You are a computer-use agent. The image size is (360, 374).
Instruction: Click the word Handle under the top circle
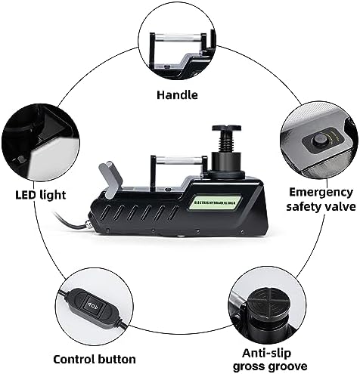point(177,95)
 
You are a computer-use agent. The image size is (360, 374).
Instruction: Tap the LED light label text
point(41,195)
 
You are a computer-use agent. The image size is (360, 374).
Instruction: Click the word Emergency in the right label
point(321,193)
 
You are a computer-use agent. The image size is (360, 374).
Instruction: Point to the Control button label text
point(95,359)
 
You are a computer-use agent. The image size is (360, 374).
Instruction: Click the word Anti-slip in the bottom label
point(266,353)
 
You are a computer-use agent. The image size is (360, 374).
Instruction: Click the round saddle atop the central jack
point(226,128)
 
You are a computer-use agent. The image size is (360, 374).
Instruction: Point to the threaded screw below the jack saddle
point(226,142)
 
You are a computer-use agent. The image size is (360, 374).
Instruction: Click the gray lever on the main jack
point(111,179)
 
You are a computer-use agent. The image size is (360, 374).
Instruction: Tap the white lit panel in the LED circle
point(53,158)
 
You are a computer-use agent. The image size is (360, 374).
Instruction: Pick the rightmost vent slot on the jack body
point(173,212)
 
